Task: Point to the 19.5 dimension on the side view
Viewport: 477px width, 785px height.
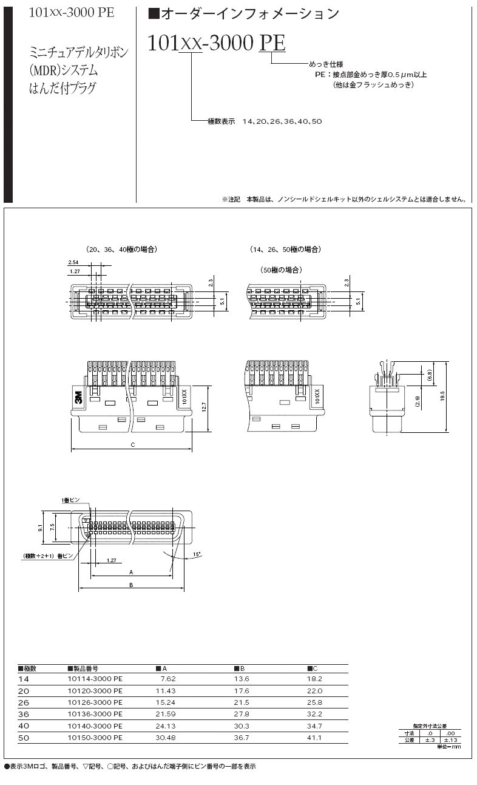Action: (x=443, y=396)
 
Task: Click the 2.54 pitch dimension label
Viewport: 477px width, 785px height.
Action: (x=74, y=263)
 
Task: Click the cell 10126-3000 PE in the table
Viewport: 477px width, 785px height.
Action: (x=95, y=702)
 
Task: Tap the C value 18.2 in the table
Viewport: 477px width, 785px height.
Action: (x=315, y=679)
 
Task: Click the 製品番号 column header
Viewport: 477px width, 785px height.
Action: (x=84, y=668)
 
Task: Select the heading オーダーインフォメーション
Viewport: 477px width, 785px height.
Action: (x=243, y=13)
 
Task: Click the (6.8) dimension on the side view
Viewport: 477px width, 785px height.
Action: (x=429, y=375)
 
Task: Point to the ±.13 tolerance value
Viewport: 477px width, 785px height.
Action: (x=450, y=740)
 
